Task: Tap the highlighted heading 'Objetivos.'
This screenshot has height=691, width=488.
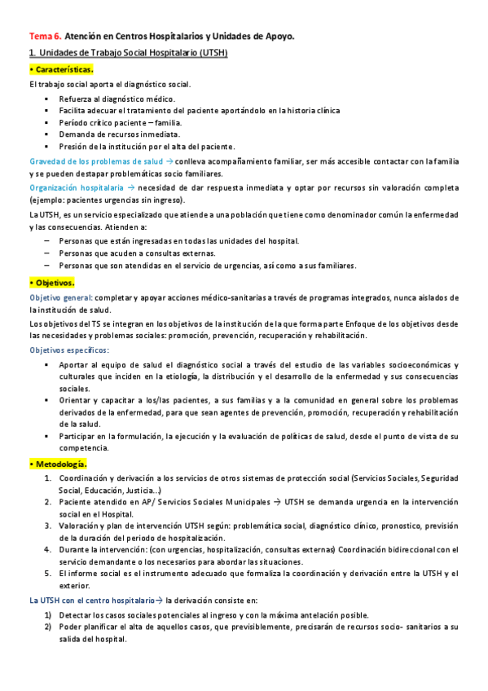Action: [52, 282]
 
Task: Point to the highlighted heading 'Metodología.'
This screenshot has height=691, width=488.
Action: [58, 463]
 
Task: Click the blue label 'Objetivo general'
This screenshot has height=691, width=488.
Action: [60, 297]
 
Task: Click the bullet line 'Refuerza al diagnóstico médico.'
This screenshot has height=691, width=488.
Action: [117, 99]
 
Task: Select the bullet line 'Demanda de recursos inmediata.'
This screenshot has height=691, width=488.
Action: [120, 134]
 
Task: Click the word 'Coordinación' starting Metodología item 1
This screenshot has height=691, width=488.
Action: [85, 478]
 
